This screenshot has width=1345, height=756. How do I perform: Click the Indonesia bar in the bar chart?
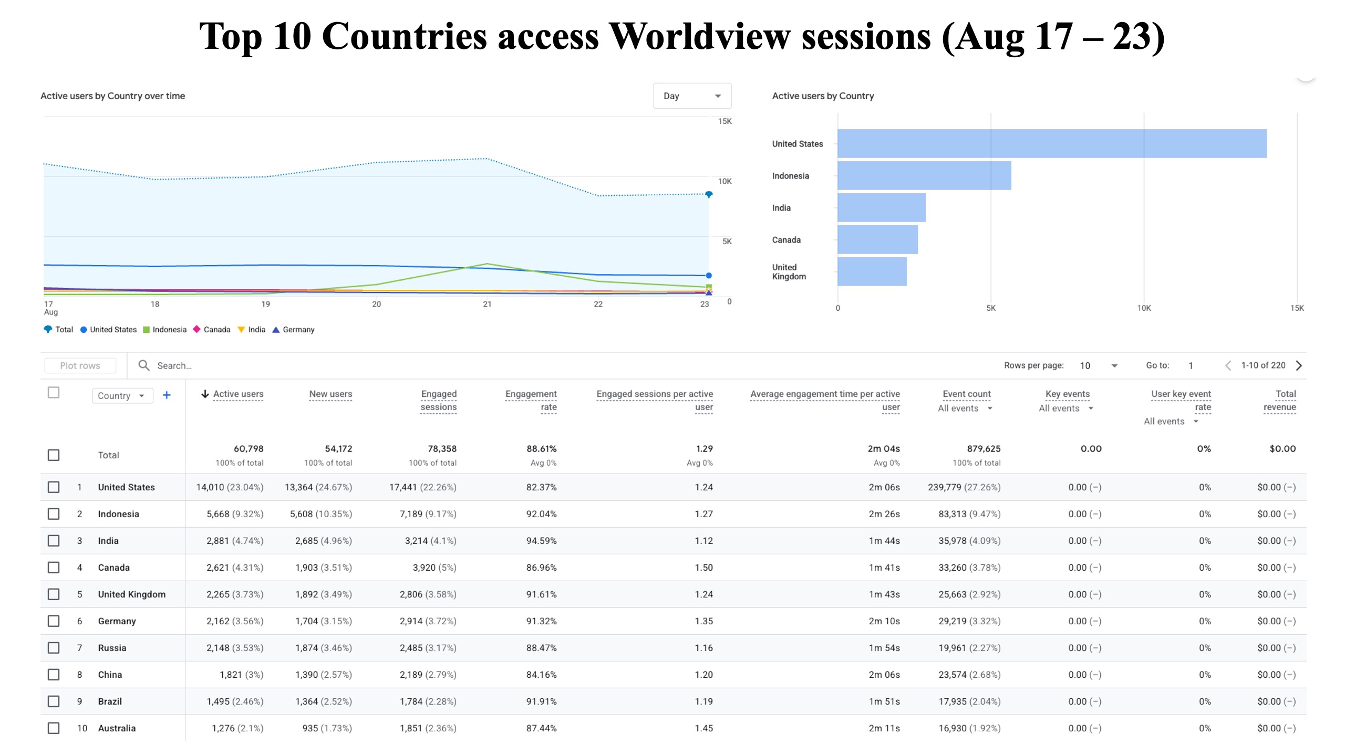[924, 175]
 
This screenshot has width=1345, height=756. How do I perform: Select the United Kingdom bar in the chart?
[872, 271]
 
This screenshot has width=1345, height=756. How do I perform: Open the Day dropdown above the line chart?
[692, 96]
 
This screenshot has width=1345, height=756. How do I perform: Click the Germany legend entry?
[293, 330]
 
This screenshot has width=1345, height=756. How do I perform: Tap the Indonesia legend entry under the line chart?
[165, 330]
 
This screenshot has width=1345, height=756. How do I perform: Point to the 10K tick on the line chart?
[725, 181]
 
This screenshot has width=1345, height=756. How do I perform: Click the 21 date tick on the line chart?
[487, 304]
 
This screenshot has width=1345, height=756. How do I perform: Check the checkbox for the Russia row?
[54, 648]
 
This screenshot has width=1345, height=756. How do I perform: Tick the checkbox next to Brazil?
[54, 701]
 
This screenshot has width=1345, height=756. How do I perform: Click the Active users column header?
[238, 394]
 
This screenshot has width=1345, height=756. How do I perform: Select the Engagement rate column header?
[531, 401]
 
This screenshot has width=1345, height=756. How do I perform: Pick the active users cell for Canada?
[235, 568]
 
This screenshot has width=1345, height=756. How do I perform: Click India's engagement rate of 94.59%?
[541, 541]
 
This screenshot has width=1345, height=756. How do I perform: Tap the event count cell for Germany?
[969, 621]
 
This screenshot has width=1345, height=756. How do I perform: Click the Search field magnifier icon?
[144, 365]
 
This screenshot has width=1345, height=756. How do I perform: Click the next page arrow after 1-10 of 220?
[1299, 365]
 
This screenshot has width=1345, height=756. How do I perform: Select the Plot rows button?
[80, 365]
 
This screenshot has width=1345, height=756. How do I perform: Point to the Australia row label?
[117, 728]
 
